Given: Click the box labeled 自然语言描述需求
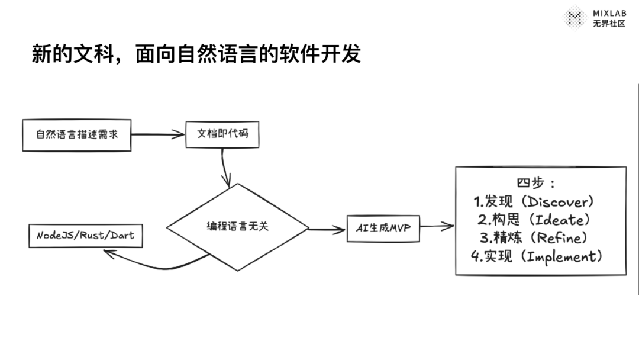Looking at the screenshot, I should (77, 134).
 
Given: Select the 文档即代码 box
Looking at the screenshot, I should (222, 134).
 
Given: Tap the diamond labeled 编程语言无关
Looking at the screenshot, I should (237, 227).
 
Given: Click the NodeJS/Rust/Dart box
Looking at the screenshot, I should (85, 235).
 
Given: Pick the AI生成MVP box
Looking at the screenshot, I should (383, 228).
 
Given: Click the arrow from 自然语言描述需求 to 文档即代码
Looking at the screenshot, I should (158, 134).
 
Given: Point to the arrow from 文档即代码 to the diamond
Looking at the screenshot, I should (224, 168).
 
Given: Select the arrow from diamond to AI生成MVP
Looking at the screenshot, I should (327, 229).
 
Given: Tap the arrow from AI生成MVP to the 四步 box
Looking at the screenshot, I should (437, 226).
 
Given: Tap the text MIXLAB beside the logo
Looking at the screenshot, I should (609, 13).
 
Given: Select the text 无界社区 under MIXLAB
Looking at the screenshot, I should (609, 24).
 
